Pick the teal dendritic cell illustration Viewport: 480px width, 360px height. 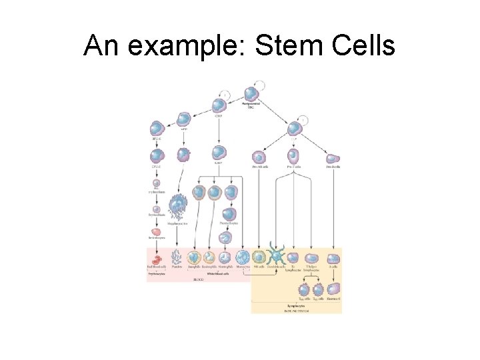(x=275, y=257)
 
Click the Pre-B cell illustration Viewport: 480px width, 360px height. (x=333, y=158)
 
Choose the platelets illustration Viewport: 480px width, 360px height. (x=177, y=258)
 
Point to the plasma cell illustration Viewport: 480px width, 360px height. (x=333, y=290)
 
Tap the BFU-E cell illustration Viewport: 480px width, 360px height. (x=157, y=129)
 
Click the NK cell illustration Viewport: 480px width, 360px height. (x=259, y=257)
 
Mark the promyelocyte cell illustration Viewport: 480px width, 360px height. (x=229, y=215)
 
